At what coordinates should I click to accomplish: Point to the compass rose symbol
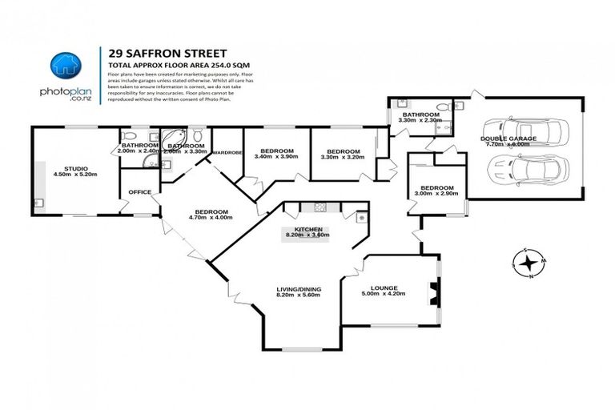click(x=529, y=263)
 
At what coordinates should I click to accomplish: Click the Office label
click(x=140, y=191)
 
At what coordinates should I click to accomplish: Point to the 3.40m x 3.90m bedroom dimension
click(x=275, y=157)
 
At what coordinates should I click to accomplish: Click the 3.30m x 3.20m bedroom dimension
click(x=342, y=157)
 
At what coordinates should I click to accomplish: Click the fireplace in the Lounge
click(x=433, y=291)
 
